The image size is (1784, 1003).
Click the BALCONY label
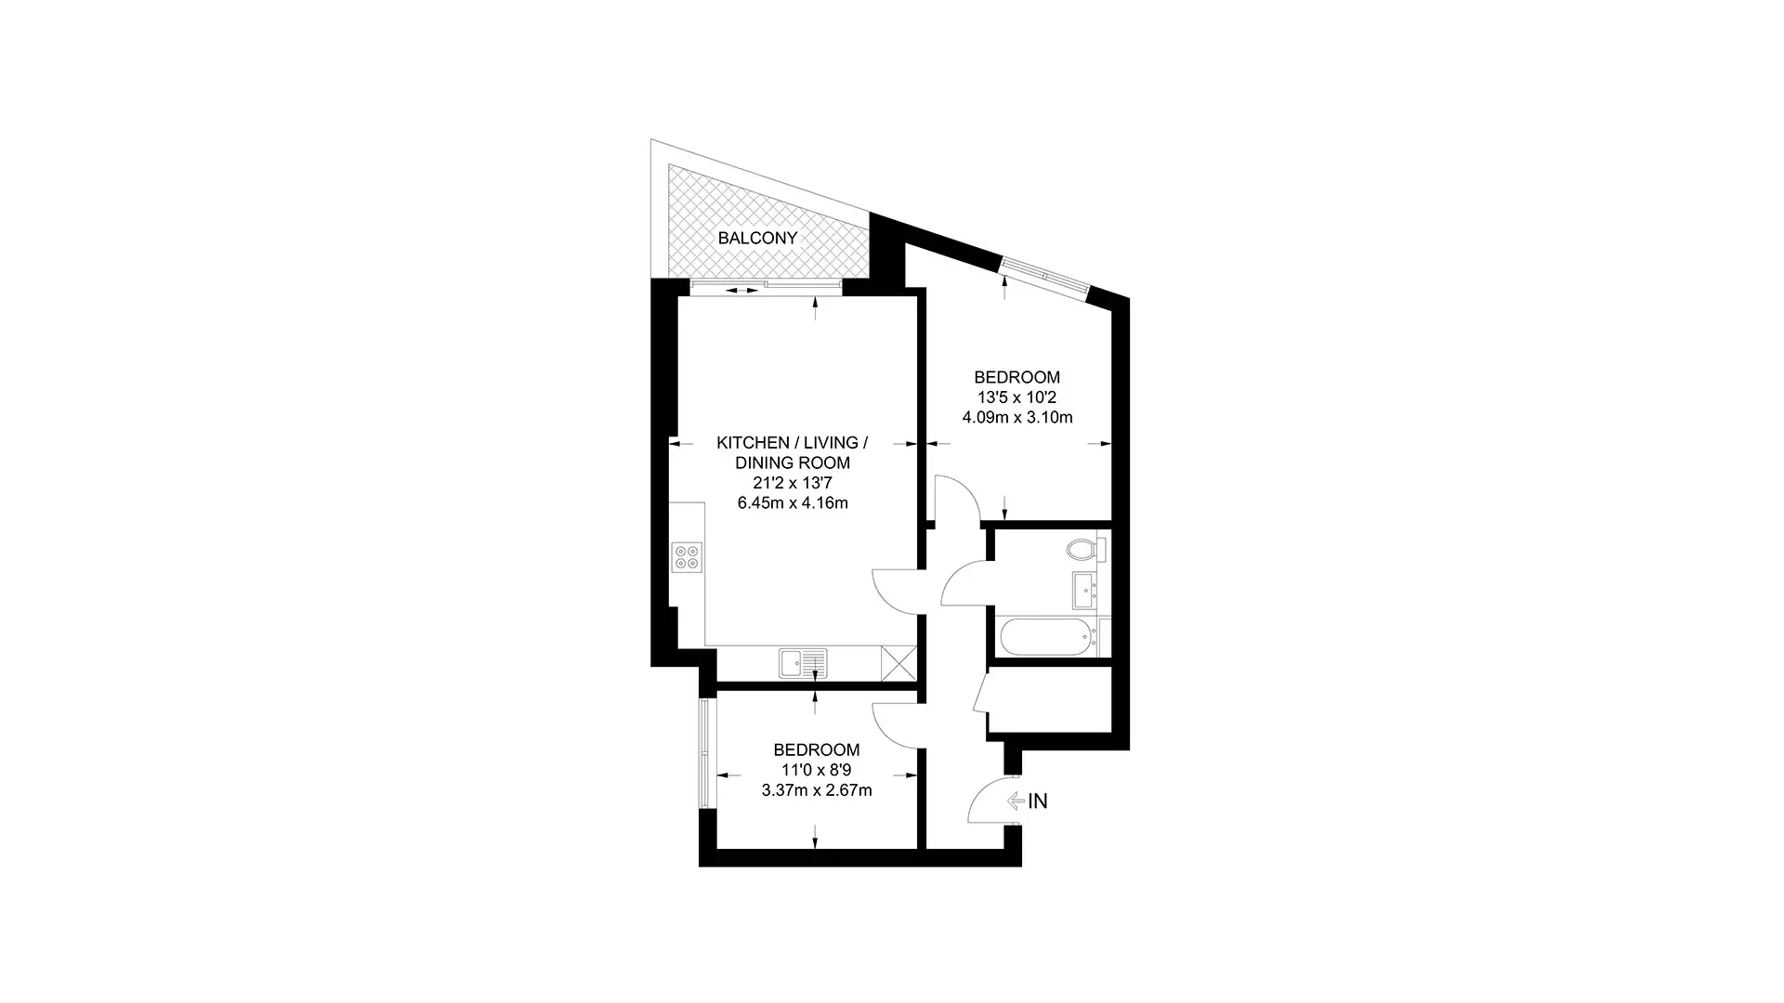(757, 238)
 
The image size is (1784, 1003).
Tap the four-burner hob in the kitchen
(688, 557)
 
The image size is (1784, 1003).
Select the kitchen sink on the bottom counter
(803, 663)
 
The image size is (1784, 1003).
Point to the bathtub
(1046, 637)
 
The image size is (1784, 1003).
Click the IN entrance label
(1038, 801)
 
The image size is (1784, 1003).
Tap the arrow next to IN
(1015, 801)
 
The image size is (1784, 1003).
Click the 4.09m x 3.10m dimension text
(1017, 418)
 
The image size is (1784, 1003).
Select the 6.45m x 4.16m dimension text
(793, 503)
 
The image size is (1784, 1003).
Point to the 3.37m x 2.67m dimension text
(817, 790)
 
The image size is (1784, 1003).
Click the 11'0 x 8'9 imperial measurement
(817, 770)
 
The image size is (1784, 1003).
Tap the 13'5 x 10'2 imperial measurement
(1017, 397)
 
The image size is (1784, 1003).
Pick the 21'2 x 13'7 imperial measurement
(793, 483)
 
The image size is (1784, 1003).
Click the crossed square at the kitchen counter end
(899, 663)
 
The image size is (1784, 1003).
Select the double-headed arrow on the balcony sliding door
(741, 291)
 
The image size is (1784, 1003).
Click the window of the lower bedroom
(705, 753)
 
